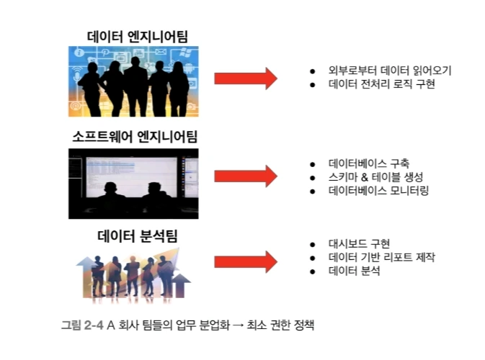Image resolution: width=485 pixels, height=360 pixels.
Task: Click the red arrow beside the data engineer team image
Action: pyautogui.click(x=246, y=78)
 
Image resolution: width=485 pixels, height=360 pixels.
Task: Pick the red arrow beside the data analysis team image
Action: pyautogui.click(x=246, y=261)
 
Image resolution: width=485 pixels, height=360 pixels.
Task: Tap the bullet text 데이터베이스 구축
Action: pyautogui.click(x=370, y=163)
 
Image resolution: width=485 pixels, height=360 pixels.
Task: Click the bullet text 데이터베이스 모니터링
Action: pyautogui.click(x=378, y=191)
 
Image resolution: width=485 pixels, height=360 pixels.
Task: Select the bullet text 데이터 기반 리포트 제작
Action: pyautogui.click(x=381, y=258)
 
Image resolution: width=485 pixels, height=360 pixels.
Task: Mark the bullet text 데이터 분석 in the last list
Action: pyautogui.click(x=354, y=271)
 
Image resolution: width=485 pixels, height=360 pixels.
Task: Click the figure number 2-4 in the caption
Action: pyautogui.click(x=92, y=325)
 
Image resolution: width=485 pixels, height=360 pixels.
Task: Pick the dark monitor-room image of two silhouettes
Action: pyautogui.click(x=133, y=184)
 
